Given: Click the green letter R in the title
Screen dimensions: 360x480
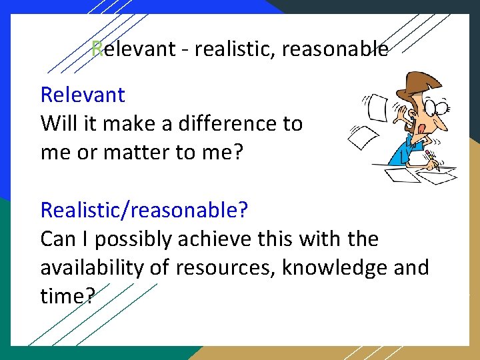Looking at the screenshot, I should coord(97,49).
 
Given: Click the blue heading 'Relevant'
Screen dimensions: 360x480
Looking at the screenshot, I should coord(83,95).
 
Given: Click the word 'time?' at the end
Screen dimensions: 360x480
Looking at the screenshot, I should coord(67,296).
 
